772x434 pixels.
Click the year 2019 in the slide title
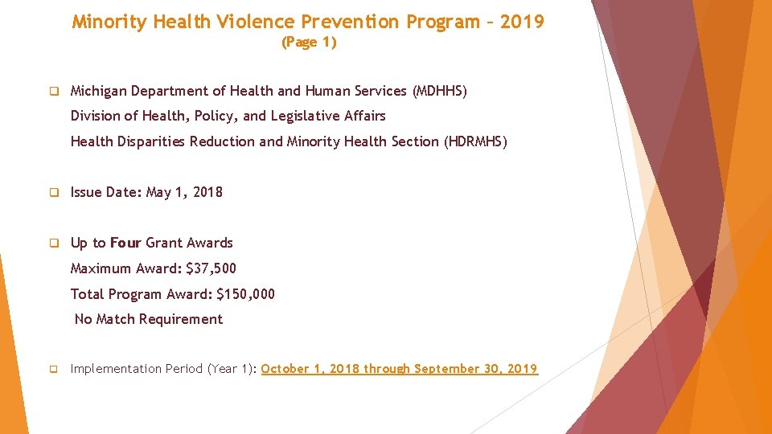tap(522, 22)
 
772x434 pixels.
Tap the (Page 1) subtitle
tap(309, 43)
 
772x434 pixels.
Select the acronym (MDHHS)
tap(439, 91)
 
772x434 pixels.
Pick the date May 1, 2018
tap(184, 192)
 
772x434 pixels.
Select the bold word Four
tap(125, 243)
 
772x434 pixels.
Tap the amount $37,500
tap(211, 268)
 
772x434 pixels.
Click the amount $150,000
tap(245, 293)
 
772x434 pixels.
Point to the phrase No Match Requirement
tap(149, 319)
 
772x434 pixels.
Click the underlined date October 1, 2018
tap(310, 369)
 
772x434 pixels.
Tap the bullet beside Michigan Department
tap(54, 92)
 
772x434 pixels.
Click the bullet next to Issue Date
tap(54, 193)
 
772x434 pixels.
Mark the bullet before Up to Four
tap(54, 244)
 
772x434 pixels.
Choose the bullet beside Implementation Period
tap(54, 370)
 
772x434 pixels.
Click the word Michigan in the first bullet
tap(99, 91)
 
